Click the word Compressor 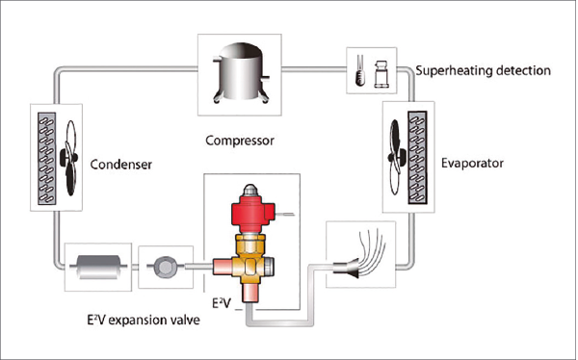[x=240, y=141]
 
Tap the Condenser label [x=121, y=165]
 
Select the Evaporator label [x=472, y=164]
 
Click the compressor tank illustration [x=240, y=73]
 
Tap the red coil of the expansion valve [x=251, y=211]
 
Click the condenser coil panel [x=47, y=159]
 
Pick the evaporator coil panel [x=418, y=157]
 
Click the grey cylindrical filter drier [x=98, y=267]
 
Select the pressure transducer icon [x=381, y=74]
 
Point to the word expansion [x=139, y=320]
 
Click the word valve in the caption [x=186, y=320]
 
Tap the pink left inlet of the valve [x=223, y=266]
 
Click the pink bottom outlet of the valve [x=250, y=294]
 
